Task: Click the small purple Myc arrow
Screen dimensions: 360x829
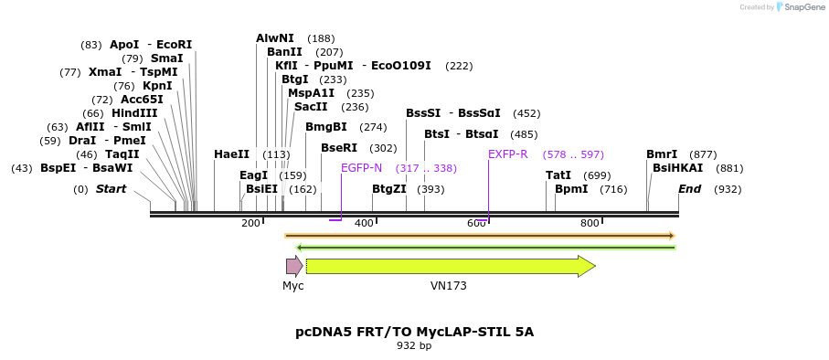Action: pyautogui.click(x=293, y=266)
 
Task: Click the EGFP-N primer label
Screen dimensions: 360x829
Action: pyautogui.click(x=361, y=168)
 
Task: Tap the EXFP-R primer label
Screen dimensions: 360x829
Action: pyautogui.click(x=508, y=154)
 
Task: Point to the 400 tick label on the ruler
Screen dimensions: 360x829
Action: pyautogui.click(x=364, y=223)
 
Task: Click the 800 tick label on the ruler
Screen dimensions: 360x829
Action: pyautogui.click(x=590, y=223)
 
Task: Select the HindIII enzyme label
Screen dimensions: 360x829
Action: pyautogui.click(x=134, y=113)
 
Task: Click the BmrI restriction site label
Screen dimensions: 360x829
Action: pyautogui.click(x=662, y=154)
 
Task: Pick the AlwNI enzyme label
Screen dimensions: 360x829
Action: pyautogui.click(x=275, y=38)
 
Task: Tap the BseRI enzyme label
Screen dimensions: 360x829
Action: pyautogui.click(x=339, y=148)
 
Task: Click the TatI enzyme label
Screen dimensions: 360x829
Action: pyautogui.click(x=558, y=175)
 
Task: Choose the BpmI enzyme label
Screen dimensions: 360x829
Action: pyautogui.click(x=571, y=189)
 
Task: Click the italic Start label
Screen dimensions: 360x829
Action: pyautogui.click(x=111, y=189)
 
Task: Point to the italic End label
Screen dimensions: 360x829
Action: pyautogui.click(x=689, y=189)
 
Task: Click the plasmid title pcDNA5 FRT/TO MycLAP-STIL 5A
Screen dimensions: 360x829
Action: pyautogui.click(x=414, y=331)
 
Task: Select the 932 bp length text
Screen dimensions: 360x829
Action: pyautogui.click(x=414, y=346)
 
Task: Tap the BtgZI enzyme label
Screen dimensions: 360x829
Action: pyautogui.click(x=389, y=189)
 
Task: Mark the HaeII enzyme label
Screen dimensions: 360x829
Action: pyautogui.click(x=231, y=154)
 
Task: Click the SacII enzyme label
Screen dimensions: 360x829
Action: pyautogui.click(x=311, y=107)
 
